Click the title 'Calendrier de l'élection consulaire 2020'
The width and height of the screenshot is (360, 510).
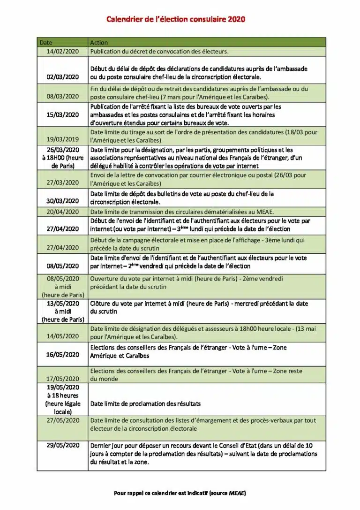tap(175, 19)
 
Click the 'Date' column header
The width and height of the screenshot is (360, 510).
tap(46, 43)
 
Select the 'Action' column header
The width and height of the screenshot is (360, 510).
tap(99, 43)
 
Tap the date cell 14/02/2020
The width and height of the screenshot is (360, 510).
tap(63, 51)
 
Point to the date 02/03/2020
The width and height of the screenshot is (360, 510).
tap(63, 77)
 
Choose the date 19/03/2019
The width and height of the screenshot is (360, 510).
tap(63, 140)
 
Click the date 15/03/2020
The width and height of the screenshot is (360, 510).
tap(63, 114)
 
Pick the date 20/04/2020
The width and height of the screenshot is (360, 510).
tap(63, 212)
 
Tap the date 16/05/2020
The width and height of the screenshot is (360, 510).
tap(63, 355)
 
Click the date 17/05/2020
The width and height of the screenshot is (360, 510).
tap(63, 379)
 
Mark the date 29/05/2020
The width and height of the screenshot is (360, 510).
tap(63, 445)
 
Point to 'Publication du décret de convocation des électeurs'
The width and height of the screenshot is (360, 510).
tap(159, 51)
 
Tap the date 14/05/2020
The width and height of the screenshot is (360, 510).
tap(63, 336)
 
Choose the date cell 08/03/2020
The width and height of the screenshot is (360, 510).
tap(63, 96)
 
